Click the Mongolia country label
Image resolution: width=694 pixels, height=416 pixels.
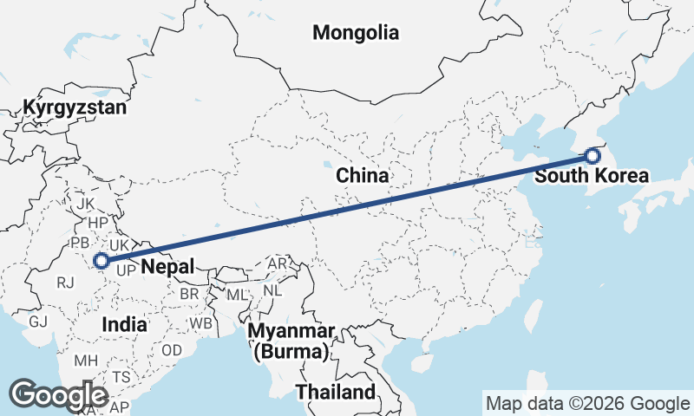click(x=356, y=33)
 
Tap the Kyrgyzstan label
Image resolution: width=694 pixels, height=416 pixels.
click(x=75, y=108)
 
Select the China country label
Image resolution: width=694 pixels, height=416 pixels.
click(x=362, y=176)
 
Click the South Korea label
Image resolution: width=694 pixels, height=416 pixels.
click(x=591, y=176)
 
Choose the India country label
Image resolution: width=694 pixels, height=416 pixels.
click(x=124, y=323)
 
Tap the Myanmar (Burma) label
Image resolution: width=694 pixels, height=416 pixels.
click(x=291, y=341)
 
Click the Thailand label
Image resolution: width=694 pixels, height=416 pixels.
click(x=336, y=392)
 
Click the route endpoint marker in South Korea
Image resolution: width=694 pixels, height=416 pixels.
click(x=593, y=156)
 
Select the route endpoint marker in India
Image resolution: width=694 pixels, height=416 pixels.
click(x=101, y=260)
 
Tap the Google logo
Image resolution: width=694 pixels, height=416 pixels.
click(x=59, y=395)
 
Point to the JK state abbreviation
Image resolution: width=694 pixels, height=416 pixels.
click(x=85, y=204)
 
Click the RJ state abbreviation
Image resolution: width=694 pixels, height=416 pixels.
click(x=65, y=282)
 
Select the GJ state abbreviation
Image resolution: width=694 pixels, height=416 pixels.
click(x=37, y=322)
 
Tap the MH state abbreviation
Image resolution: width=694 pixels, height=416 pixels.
click(x=86, y=360)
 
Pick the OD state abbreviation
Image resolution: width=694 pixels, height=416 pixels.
click(x=172, y=350)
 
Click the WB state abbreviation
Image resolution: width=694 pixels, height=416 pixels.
click(x=201, y=323)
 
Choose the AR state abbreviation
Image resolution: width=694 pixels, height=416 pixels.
click(x=278, y=263)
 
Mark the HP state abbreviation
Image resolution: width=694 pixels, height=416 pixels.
click(x=98, y=223)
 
